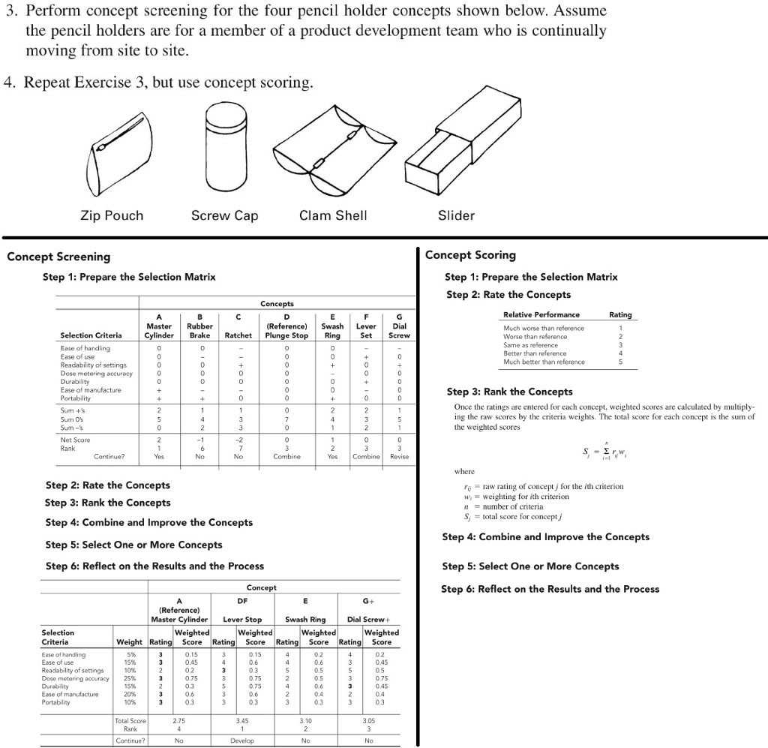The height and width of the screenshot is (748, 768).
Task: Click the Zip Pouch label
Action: click(x=111, y=216)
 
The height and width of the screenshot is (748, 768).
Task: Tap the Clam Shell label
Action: click(x=333, y=216)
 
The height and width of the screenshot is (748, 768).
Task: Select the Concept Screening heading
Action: click(x=58, y=257)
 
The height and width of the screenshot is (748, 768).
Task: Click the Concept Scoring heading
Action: click(x=470, y=255)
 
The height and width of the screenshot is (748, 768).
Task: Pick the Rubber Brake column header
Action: click(x=199, y=331)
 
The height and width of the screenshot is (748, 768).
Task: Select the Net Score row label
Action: click(x=75, y=440)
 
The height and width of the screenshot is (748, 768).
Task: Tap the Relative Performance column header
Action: click(x=541, y=314)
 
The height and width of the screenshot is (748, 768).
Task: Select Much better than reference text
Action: click(x=544, y=362)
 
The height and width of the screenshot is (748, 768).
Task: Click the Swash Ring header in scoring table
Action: click(x=306, y=620)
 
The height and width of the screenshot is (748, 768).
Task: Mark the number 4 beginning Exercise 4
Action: click(x=8, y=83)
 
